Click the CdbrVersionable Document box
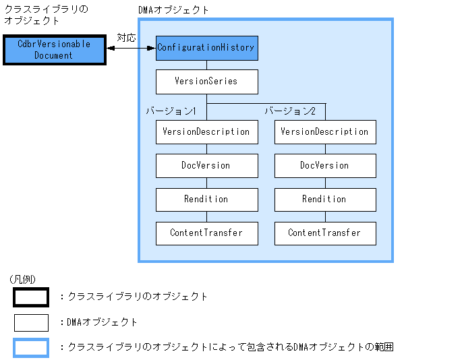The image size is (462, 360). point(53,50)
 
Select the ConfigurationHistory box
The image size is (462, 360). point(206,48)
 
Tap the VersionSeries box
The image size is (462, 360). point(206,82)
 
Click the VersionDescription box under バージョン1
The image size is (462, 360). point(206,131)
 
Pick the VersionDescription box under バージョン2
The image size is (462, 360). point(325,131)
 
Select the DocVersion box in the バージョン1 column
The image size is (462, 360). point(206,165)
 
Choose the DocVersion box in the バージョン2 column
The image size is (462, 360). point(325,165)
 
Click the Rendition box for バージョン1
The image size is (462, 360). point(206,199)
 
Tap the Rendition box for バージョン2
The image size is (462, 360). point(325,199)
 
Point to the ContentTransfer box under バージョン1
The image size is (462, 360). point(206,233)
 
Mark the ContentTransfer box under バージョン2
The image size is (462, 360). point(325,233)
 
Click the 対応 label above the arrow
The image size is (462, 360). point(126,38)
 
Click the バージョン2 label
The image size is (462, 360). point(290,111)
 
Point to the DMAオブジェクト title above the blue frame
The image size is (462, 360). point(173,10)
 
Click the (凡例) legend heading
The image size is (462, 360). point(23,279)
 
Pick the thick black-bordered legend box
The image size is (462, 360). point(31,297)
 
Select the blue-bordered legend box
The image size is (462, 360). point(31,348)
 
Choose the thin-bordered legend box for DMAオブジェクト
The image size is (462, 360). point(31,322)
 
